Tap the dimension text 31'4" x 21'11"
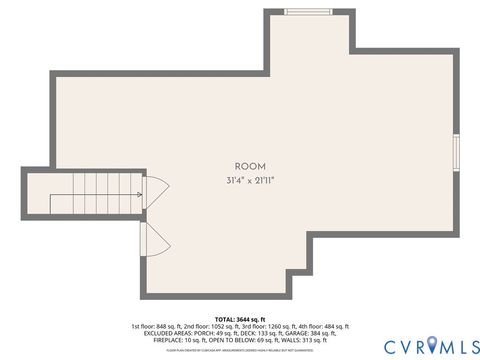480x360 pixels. point(249,180)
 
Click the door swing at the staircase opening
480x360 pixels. point(155,194)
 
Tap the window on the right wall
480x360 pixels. point(456,151)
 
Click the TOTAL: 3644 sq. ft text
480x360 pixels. point(239,319)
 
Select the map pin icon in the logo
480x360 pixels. point(431,345)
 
